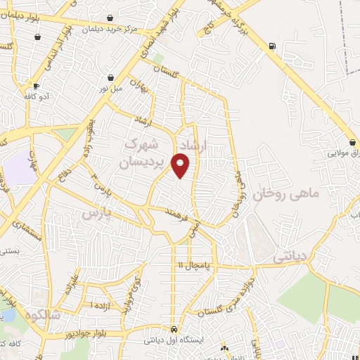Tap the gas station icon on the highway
(x=271, y=46)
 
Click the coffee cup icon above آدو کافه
(x=36, y=86)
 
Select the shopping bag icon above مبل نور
(x=110, y=77)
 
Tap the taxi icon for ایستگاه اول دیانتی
(x=173, y=329)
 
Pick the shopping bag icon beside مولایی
(x=352, y=141)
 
